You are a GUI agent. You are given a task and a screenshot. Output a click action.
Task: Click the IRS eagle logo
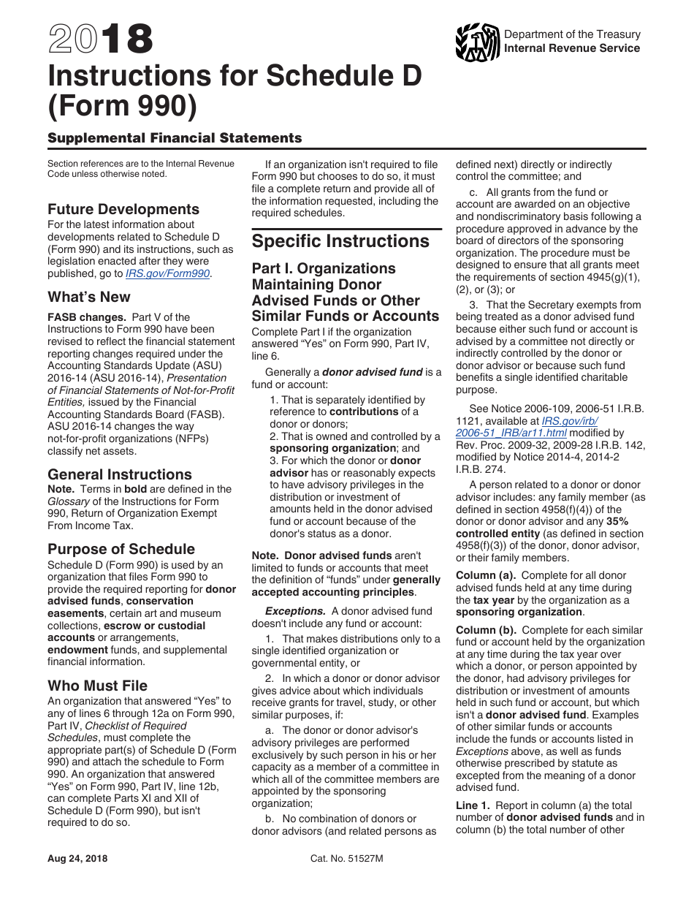477,42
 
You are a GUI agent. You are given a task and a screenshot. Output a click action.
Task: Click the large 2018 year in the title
101,39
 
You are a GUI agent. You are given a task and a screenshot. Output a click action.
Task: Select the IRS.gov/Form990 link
167,273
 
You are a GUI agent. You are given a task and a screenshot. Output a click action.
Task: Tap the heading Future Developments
123,209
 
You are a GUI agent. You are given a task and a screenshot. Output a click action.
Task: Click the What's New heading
89,297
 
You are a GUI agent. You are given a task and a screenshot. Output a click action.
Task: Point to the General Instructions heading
120,474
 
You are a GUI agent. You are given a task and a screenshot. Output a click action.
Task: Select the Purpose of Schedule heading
121,549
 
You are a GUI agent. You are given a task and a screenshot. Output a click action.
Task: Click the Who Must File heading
97,686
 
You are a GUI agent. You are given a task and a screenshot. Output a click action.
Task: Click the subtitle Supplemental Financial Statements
175,137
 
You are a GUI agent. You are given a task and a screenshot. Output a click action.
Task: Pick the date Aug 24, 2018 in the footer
77,859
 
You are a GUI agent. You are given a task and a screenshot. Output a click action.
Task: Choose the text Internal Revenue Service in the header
572,48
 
